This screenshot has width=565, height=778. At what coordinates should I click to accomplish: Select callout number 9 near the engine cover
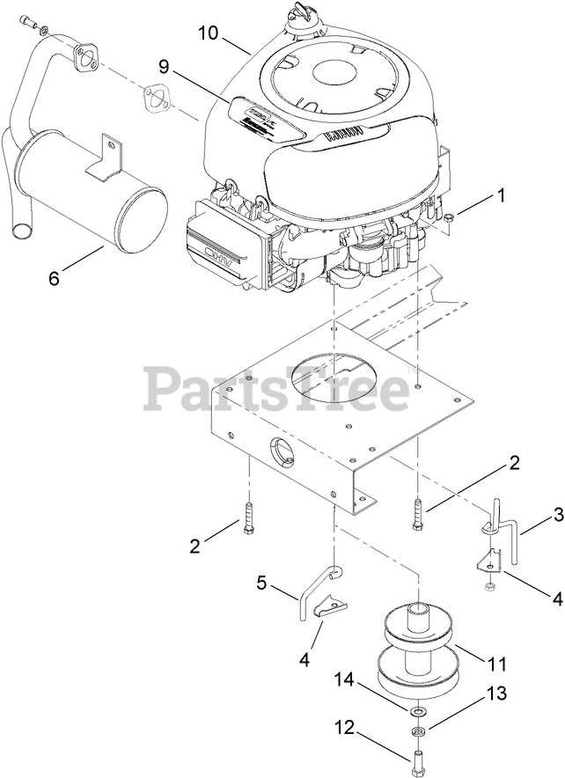[x=164, y=65]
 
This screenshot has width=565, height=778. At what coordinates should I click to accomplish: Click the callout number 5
[x=262, y=582]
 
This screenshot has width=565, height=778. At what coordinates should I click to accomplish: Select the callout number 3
[x=534, y=515]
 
